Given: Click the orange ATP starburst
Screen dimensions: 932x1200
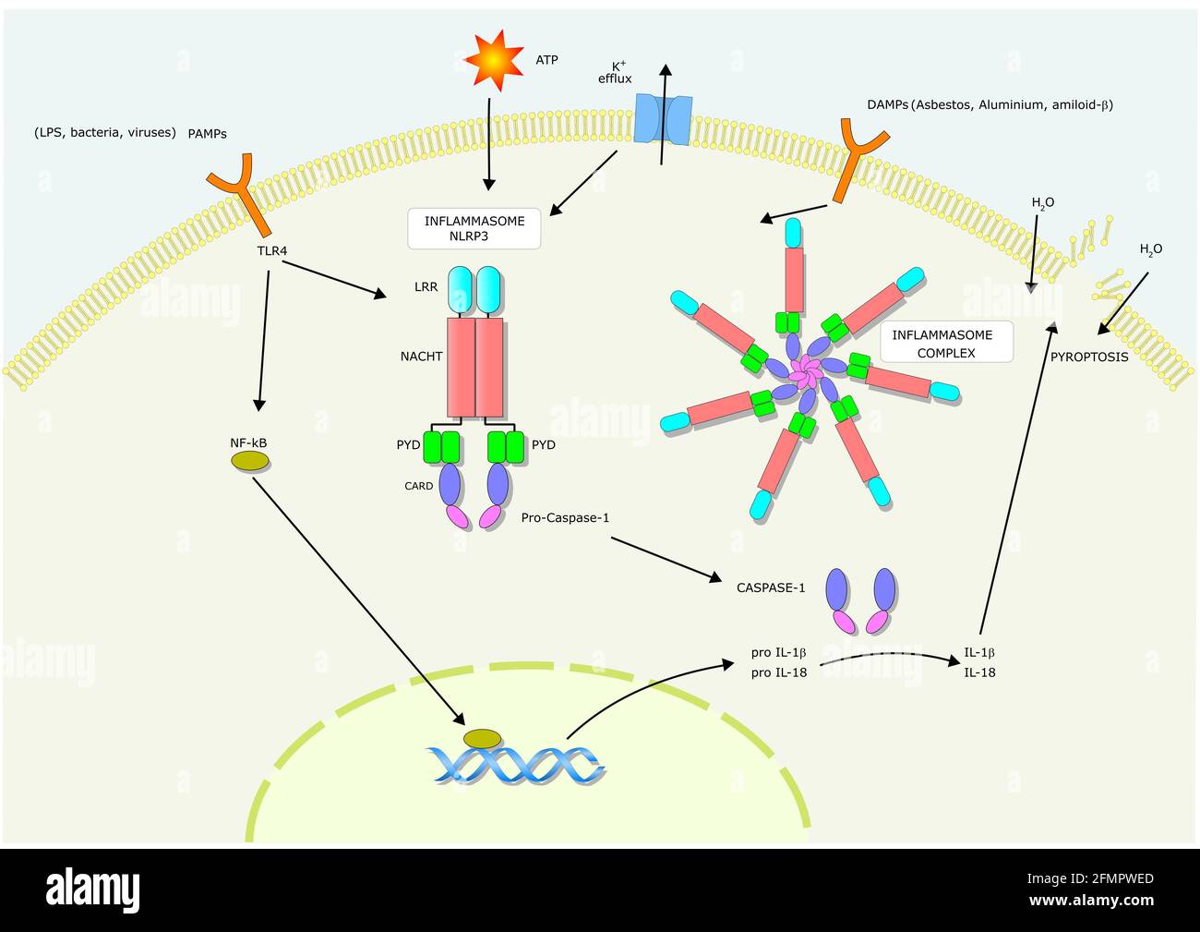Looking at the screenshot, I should click(x=495, y=60).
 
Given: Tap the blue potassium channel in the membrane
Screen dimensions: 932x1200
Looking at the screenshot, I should click(x=664, y=120).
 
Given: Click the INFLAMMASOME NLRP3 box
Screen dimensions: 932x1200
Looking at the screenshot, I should click(x=474, y=228).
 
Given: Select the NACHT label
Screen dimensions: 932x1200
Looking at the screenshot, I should click(x=421, y=356).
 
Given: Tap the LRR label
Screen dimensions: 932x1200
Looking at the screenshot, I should click(x=426, y=287).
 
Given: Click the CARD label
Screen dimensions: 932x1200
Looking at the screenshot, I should click(x=418, y=486).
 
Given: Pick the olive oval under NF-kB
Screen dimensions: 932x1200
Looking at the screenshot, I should click(x=249, y=460).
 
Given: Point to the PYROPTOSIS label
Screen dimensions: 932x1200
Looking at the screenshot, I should click(x=1089, y=357).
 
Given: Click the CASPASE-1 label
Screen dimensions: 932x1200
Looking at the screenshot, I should click(x=771, y=587).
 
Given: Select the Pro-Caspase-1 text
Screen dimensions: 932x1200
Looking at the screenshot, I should click(x=565, y=518).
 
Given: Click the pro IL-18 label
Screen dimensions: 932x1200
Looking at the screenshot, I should click(x=779, y=672).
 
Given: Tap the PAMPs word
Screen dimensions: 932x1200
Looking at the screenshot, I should click(x=207, y=133).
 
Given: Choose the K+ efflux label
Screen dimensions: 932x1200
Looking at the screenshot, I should click(x=615, y=73).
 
